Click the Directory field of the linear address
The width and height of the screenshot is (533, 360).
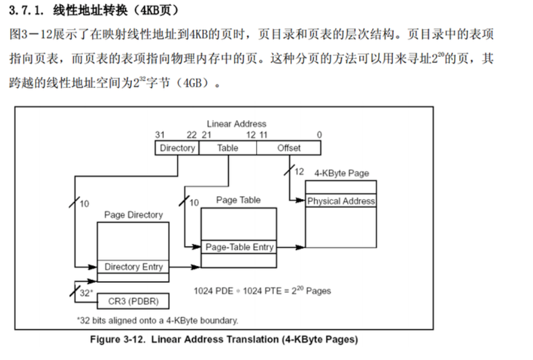pyautogui.click(x=177, y=148)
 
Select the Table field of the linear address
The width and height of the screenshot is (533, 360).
pyautogui.click(x=228, y=148)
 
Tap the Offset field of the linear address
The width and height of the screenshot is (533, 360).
pyautogui.click(x=289, y=148)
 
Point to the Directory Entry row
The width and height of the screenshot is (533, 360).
pyautogui.click(x=134, y=267)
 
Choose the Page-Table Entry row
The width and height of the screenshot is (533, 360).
pyautogui.click(x=239, y=247)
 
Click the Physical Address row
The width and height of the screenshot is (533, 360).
pyautogui.click(x=341, y=201)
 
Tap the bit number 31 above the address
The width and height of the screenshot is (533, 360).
pyautogui.click(x=160, y=135)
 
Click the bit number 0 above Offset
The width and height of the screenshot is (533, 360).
pyautogui.click(x=319, y=135)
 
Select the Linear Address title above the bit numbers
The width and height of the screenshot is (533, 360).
pyautogui.click(x=236, y=124)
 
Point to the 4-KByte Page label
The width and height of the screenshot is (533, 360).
pyautogui.click(x=341, y=173)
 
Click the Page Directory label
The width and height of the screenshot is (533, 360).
pyautogui.click(x=134, y=215)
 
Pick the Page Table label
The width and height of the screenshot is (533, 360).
pyautogui.click(x=238, y=200)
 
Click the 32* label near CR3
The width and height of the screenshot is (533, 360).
pyautogui.click(x=86, y=293)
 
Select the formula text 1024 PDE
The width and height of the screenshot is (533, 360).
pyautogui.click(x=213, y=291)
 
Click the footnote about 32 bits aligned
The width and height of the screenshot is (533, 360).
pyautogui.click(x=157, y=320)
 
